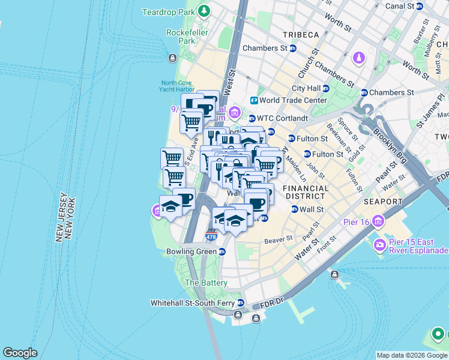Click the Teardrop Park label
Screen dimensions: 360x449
click(x=170, y=12)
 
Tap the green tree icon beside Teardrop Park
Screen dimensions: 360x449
click(x=204, y=11)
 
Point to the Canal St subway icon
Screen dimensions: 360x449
click(x=420, y=6)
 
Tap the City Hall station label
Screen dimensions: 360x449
click(x=306, y=88)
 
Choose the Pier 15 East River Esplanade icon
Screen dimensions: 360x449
click(x=379, y=244)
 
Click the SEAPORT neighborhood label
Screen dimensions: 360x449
click(x=382, y=202)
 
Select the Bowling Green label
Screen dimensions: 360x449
click(x=191, y=251)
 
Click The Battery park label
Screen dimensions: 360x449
click(x=206, y=283)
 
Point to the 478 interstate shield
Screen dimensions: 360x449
click(x=211, y=236)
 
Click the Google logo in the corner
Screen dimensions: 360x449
click(x=20, y=353)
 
